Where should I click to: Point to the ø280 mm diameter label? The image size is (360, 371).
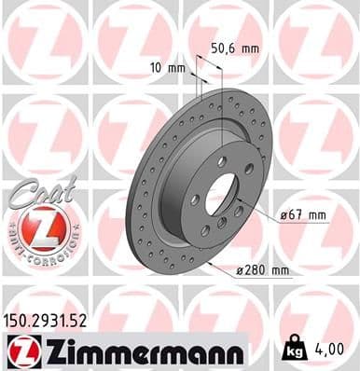[266, 271]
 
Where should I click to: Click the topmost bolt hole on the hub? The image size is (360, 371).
[221, 162]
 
